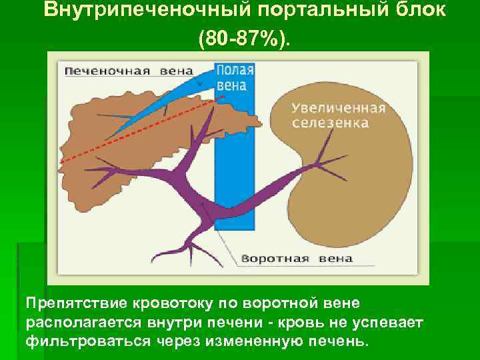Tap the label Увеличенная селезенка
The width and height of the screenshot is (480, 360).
[339, 115]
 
